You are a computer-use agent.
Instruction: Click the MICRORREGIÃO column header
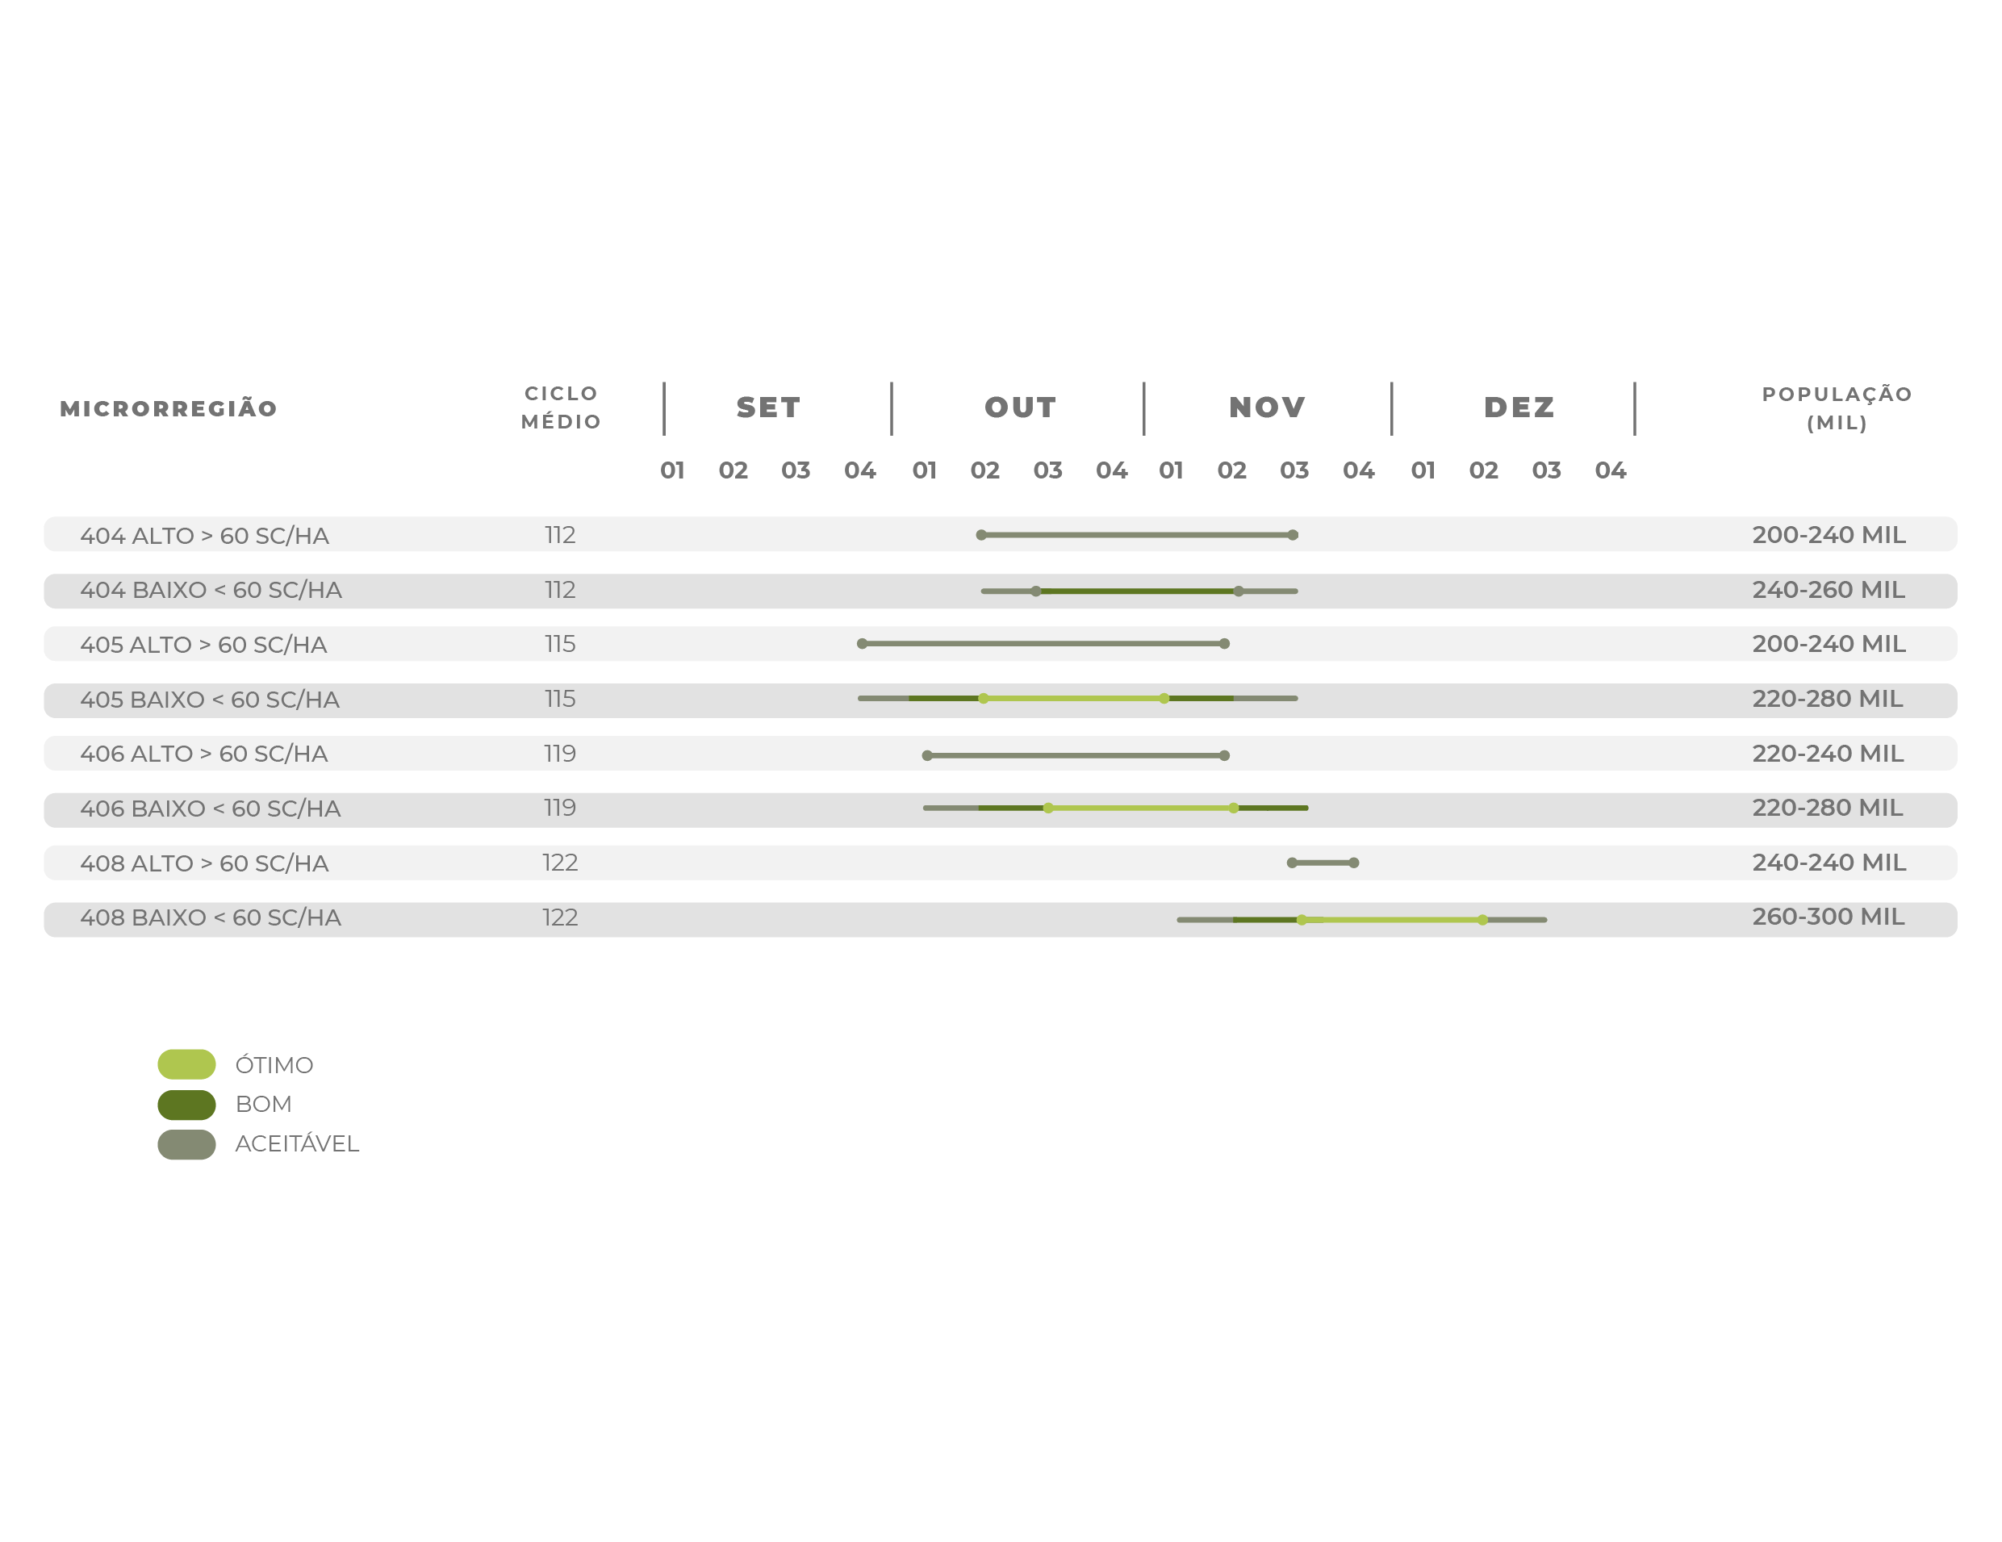point(169,409)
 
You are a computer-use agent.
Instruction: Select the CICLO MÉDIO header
point(561,407)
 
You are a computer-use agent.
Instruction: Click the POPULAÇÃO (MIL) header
point(1837,408)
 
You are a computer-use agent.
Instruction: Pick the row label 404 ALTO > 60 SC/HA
point(204,536)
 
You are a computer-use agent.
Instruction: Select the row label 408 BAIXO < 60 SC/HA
point(211,917)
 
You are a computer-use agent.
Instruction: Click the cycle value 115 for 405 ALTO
point(560,644)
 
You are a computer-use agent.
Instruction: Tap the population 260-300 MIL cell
point(1828,917)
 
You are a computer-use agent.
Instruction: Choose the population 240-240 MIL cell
point(1829,863)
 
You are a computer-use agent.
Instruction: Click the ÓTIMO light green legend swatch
point(187,1064)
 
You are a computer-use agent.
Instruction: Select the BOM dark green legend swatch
point(187,1105)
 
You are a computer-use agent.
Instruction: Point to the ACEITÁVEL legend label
point(297,1144)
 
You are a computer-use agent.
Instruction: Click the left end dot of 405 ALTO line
point(862,644)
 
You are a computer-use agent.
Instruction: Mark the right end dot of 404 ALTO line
point(1293,534)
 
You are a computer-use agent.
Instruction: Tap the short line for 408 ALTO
point(1323,863)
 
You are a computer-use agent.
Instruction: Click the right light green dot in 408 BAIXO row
point(1482,920)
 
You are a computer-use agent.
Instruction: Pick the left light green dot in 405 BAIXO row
point(984,699)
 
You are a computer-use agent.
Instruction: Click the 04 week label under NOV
point(1359,470)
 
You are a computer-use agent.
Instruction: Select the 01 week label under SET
point(672,470)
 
